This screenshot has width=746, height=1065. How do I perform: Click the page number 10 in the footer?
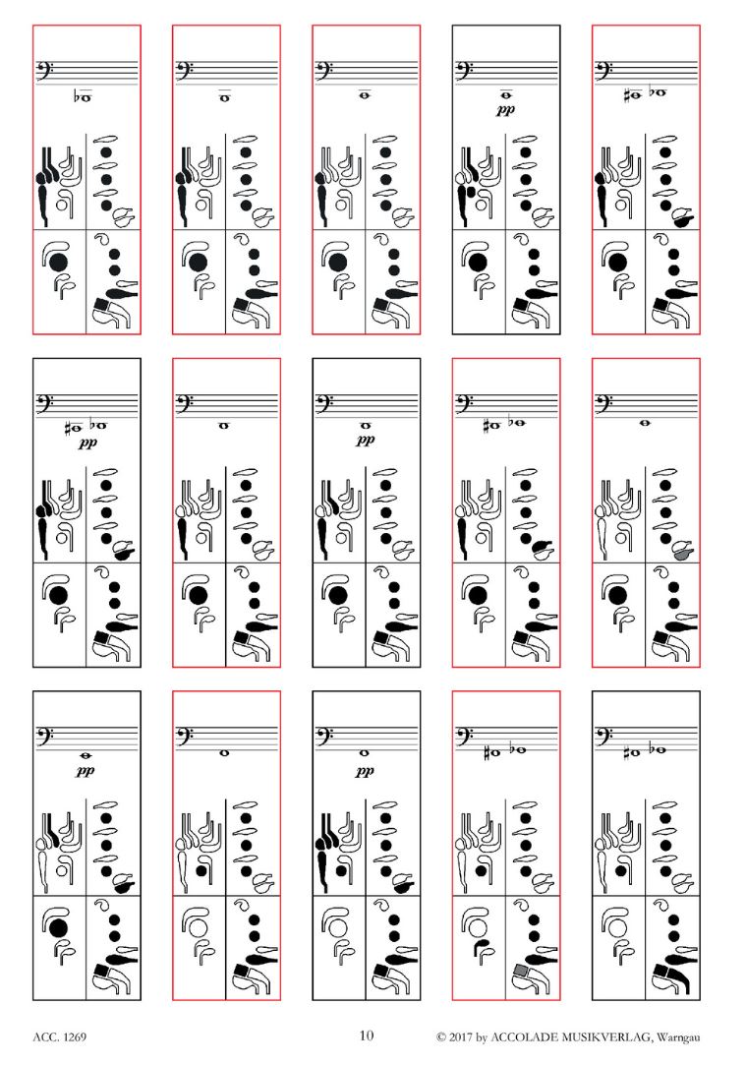[366, 1035]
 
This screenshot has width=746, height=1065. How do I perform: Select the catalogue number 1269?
[74, 1037]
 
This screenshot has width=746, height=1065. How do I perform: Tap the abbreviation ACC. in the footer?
[45, 1037]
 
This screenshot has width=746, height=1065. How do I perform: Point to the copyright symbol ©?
[441, 1037]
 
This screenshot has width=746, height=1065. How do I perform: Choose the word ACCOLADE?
[524, 1037]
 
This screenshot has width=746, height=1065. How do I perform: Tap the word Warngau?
[678, 1037]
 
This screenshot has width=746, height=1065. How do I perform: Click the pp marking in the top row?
[505, 110]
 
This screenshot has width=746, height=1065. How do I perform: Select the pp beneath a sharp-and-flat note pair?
[87, 443]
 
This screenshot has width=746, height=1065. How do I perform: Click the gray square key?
[521, 970]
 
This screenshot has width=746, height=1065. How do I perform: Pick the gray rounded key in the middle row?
[683, 553]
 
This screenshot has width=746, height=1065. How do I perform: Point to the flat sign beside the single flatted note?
[77, 96]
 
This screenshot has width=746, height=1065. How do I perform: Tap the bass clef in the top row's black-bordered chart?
[464, 70]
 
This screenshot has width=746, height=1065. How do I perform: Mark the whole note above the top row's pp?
[506, 95]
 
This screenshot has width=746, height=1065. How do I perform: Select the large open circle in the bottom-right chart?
[617, 927]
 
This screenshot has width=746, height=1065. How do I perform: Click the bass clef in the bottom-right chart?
[604, 736]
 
